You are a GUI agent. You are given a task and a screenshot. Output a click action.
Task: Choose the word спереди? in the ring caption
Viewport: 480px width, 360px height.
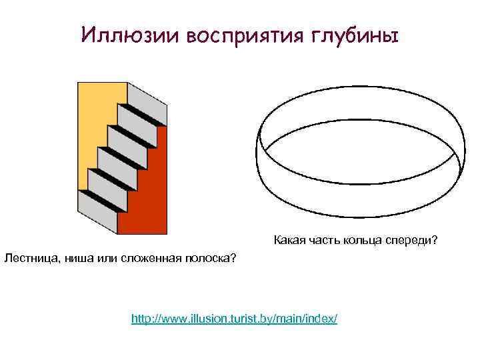(411, 240)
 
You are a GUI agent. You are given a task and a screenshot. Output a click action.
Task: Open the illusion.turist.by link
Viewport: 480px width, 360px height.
(235, 319)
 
